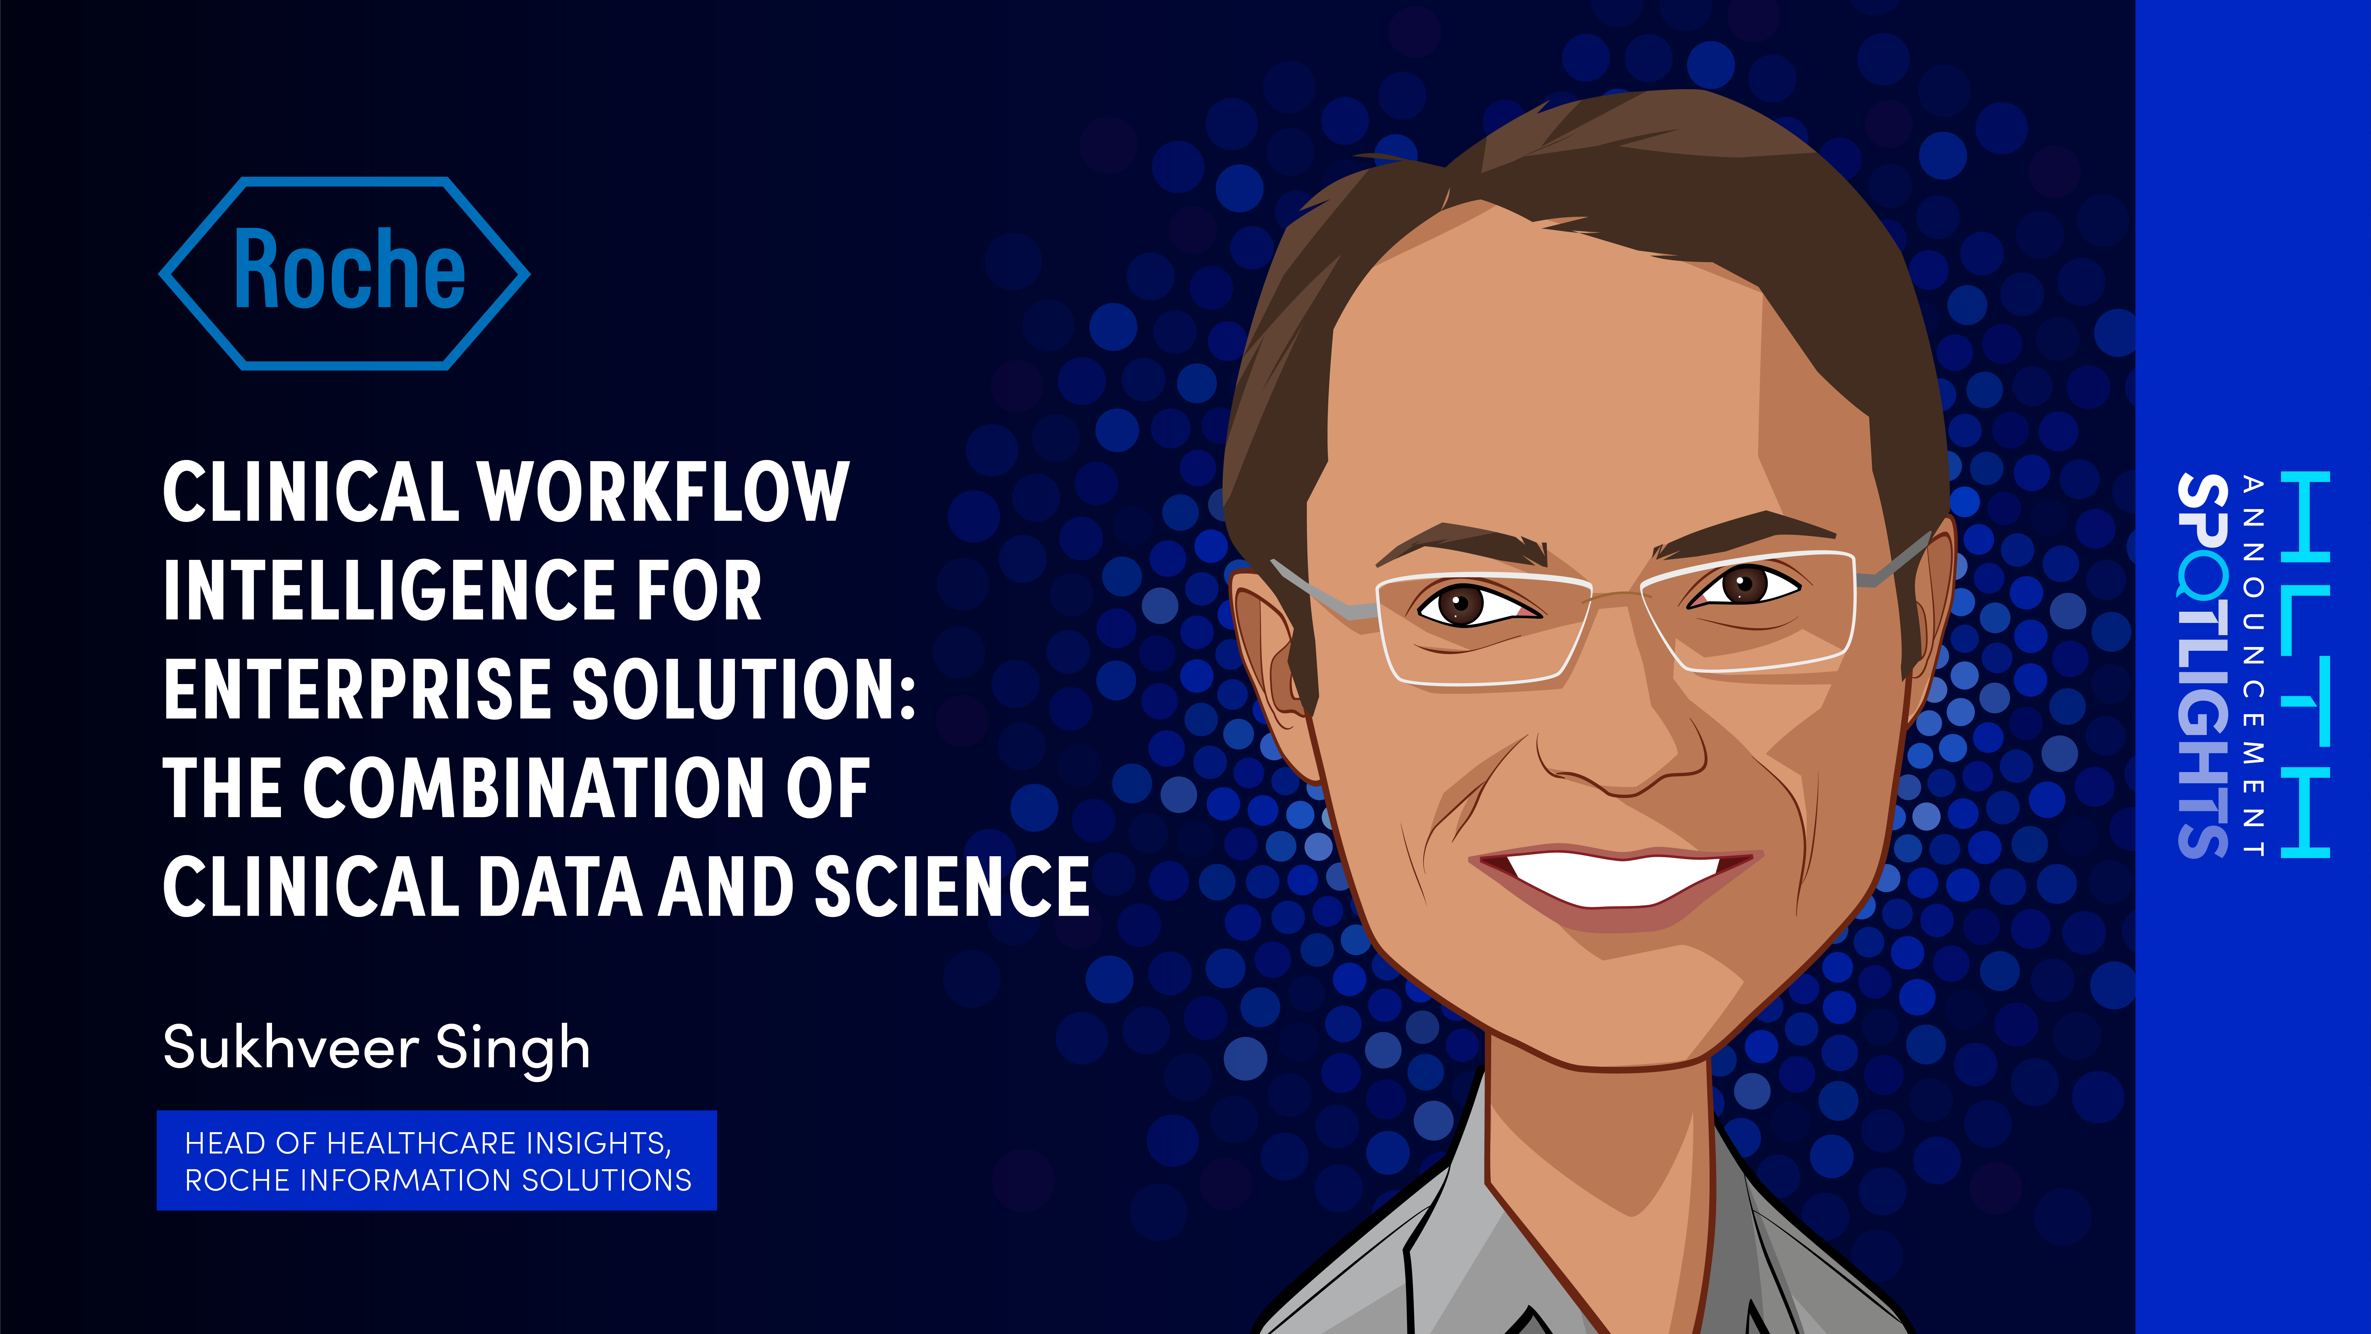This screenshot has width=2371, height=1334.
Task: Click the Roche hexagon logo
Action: click(344, 274)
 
